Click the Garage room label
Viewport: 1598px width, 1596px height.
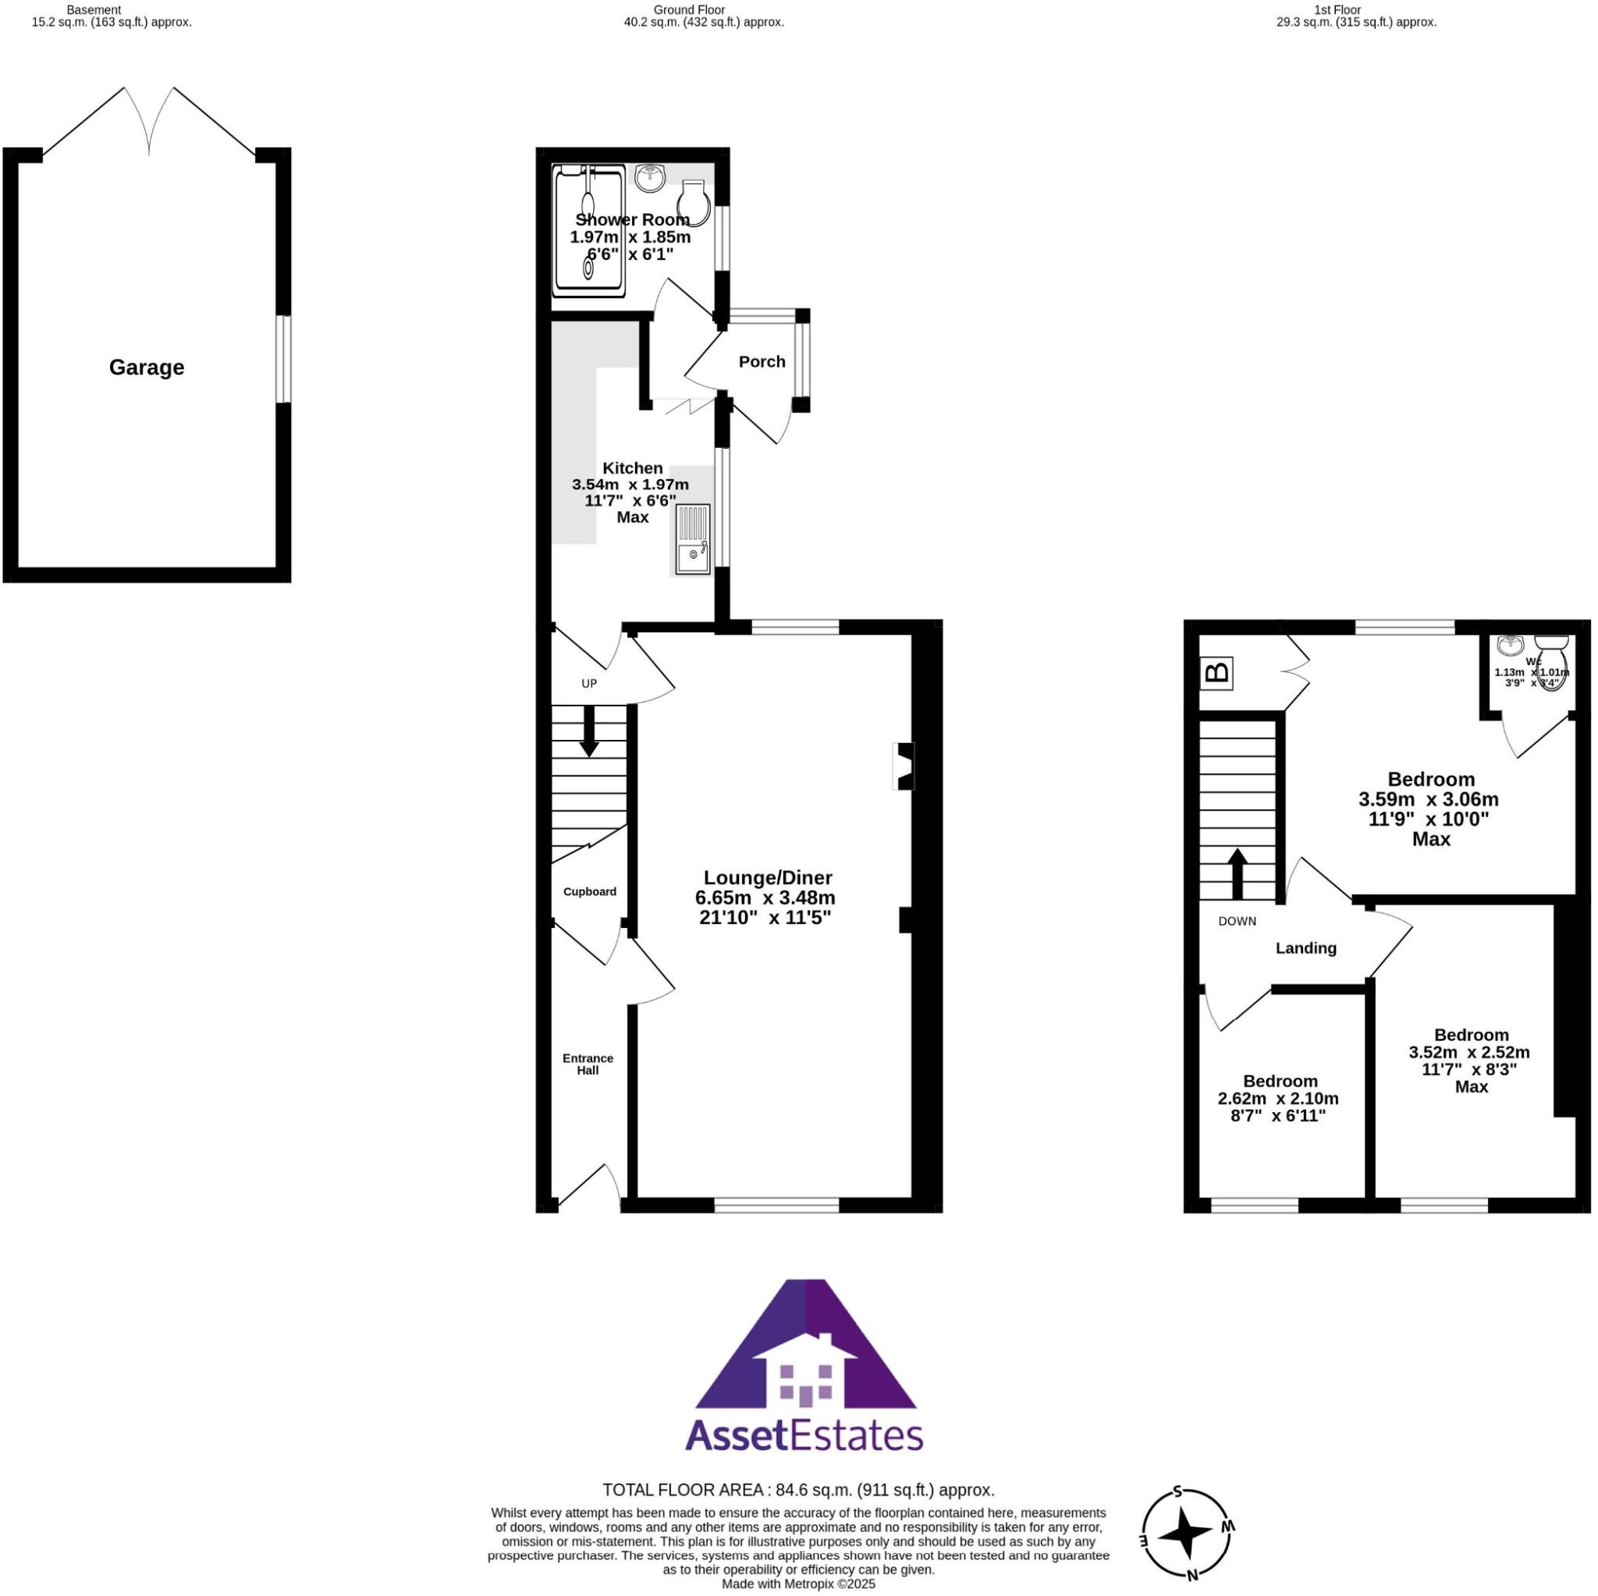point(147,368)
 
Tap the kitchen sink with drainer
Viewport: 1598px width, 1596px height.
point(692,539)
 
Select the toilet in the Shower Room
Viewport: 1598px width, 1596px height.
point(693,204)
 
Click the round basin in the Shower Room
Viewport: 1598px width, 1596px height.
point(650,178)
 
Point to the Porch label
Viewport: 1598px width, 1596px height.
point(761,361)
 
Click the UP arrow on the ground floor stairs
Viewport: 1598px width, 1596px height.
point(588,730)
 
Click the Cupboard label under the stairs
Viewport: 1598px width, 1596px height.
point(589,891)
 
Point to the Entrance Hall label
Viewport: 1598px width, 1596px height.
point(588,1064)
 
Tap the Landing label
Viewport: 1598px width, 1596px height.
point(1305,948)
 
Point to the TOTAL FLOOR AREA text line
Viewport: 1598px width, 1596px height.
point(798,1490)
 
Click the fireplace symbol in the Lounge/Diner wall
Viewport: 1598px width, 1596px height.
point(904,766)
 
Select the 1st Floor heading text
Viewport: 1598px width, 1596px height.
point(1337,10)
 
